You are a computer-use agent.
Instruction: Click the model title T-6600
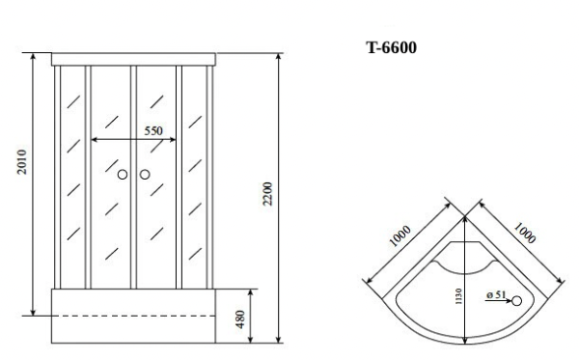(392, 48)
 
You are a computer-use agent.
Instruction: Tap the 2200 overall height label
(269, 193)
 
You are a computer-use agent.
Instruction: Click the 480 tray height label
(240, 316)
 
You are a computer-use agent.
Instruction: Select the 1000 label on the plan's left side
(401, 237)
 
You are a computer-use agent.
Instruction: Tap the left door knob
(123, 175)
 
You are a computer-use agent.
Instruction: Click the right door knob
(145, 175)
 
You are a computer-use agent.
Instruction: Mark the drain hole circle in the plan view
(516, 301)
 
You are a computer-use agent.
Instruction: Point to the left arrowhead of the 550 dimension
(94, 140)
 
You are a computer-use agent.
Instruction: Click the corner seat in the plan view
(466, 258)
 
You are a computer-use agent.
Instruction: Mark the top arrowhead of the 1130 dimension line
(466, 218)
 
